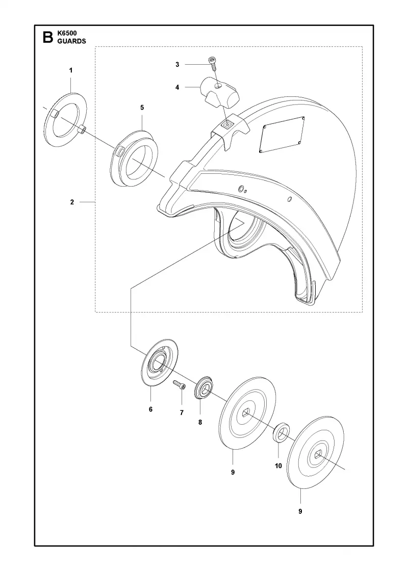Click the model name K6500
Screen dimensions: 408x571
(x=67, y=34)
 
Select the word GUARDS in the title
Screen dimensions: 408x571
(x=72, y=41)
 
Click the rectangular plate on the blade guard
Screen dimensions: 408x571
(x=283, y=135)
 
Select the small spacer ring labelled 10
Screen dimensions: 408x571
(x=281, y=432)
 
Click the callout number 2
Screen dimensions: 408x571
(x=72, y=202)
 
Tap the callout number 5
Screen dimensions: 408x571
(x=142, y=108)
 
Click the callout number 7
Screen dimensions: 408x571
(x=182, y=412)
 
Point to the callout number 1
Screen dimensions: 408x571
(x=71, y=70)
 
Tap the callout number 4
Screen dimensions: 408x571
(x=177, y=87)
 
